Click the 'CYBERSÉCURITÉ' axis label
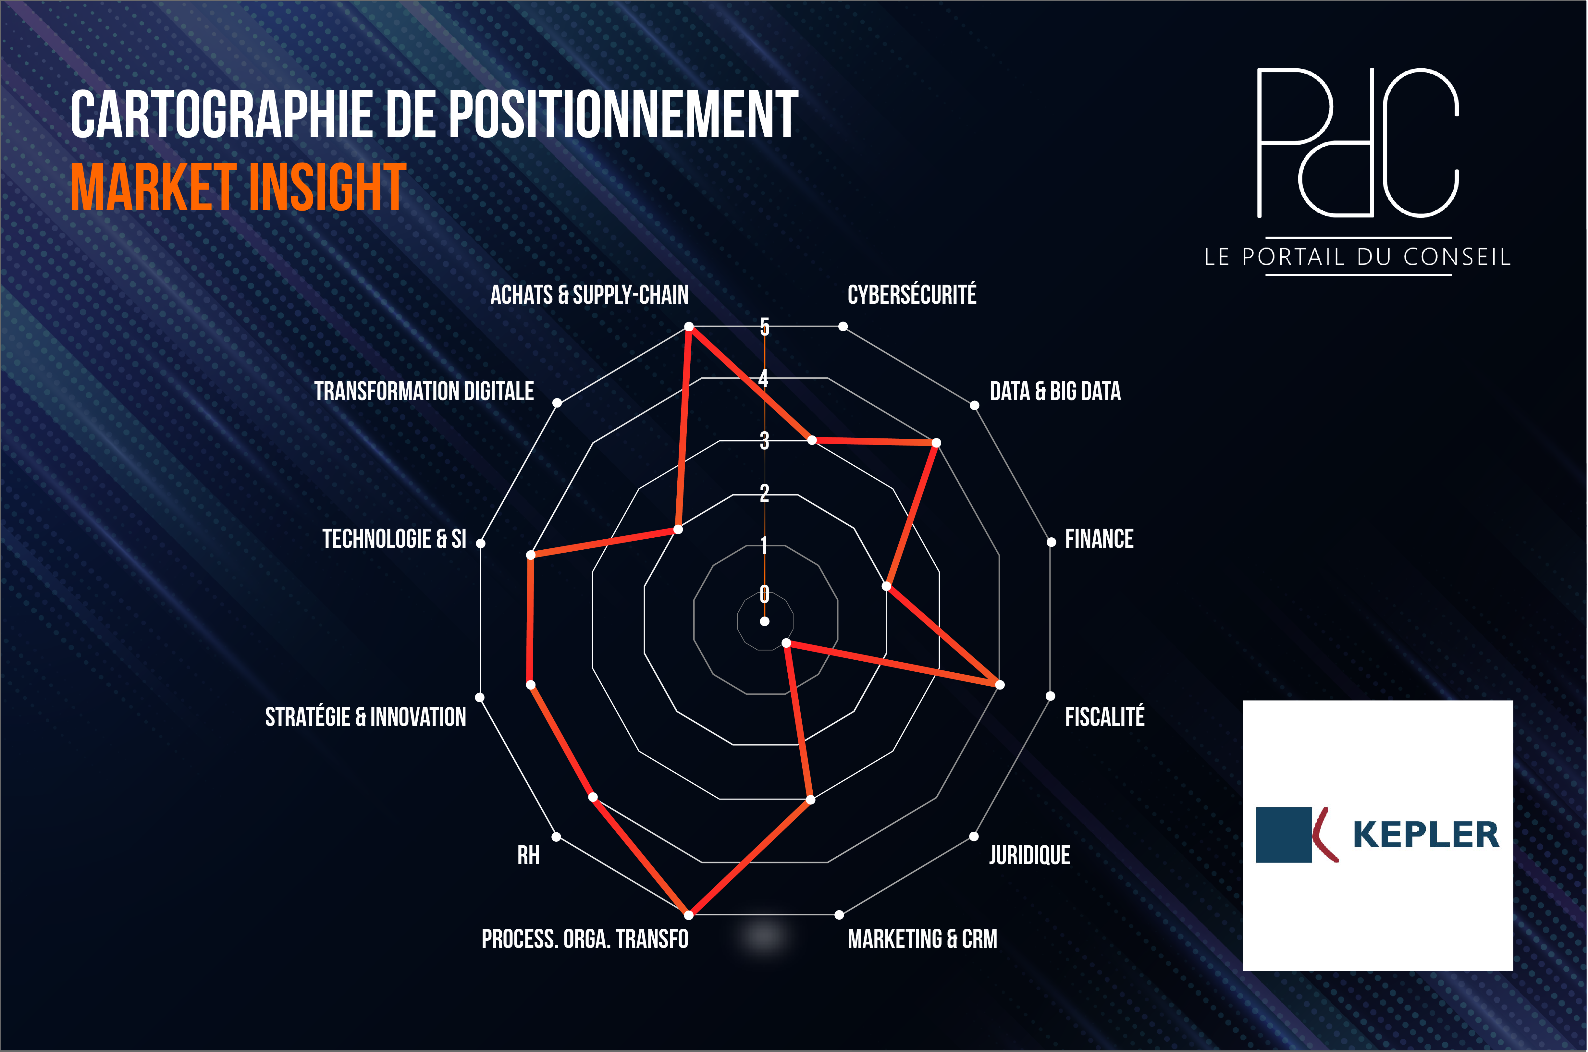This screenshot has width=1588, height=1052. (912, 295)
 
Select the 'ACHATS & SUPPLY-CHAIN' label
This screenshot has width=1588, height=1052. (589, 295)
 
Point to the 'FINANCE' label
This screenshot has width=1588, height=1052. (1099, 539)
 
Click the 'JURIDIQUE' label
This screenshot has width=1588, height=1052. (1029, 855)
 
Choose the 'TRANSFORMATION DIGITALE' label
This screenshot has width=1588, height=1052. (424, 391)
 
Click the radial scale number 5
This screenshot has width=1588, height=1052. (764, 327)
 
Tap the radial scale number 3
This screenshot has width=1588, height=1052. (764, 441)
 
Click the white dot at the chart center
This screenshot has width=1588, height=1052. (764, 621)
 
